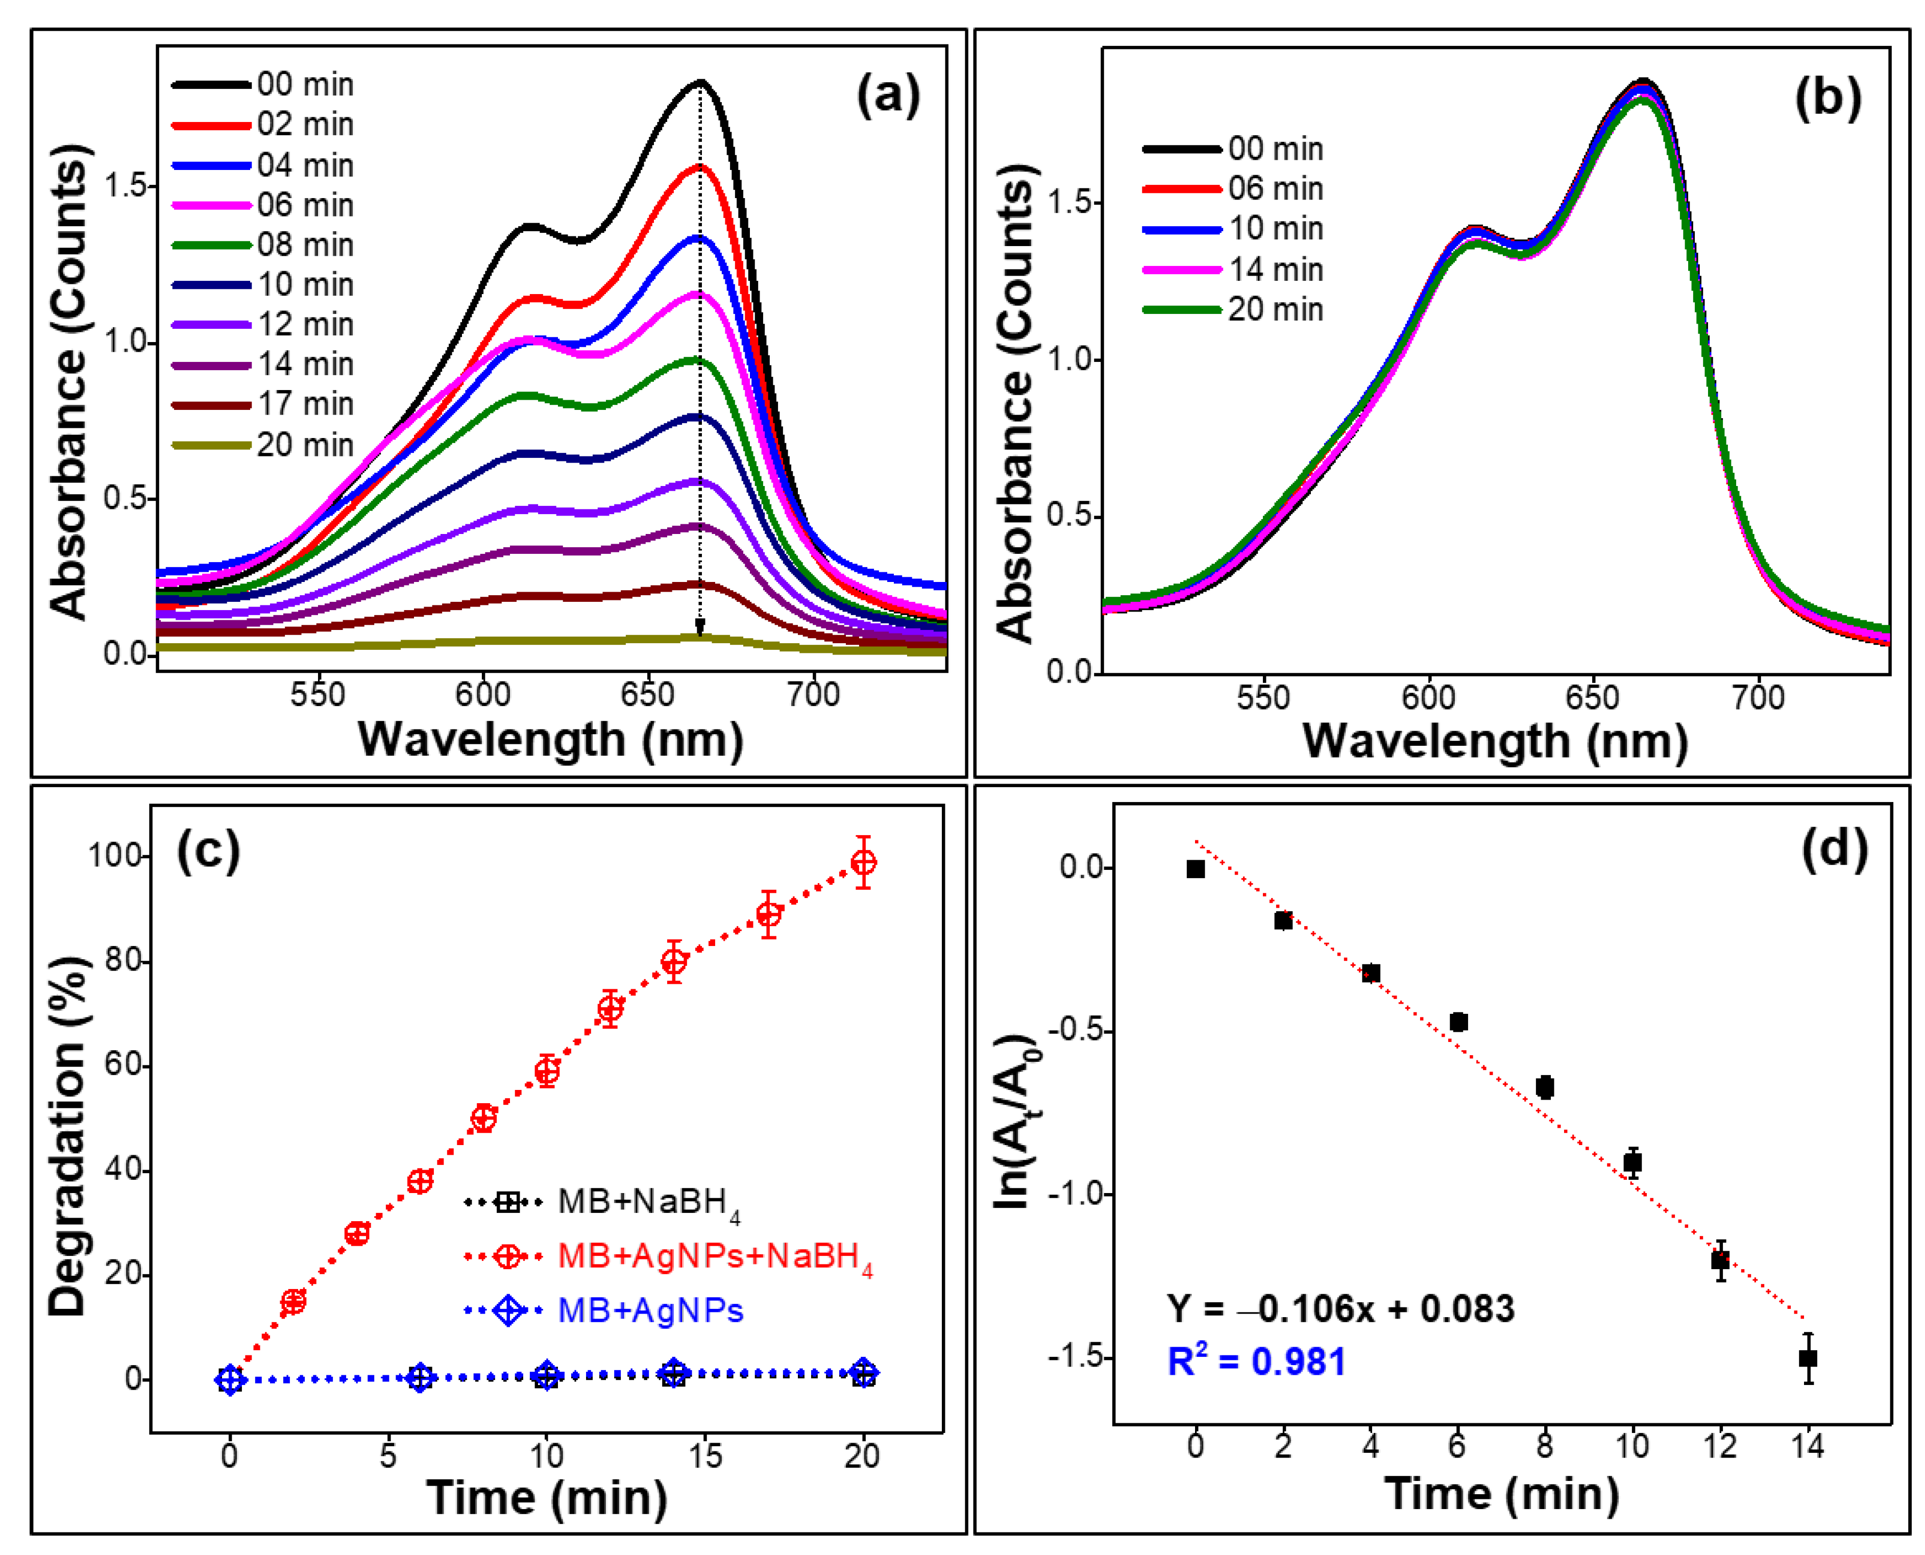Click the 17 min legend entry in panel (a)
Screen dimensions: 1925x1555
pos(262,404)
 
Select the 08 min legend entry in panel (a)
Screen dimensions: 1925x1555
pos(262,245)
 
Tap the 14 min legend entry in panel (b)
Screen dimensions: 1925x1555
pos(1233,269)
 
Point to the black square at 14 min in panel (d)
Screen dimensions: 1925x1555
pos(1808,1358)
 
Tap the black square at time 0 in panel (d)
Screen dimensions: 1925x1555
pos(1196,869)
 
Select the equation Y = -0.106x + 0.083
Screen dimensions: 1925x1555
pos(1340,1308)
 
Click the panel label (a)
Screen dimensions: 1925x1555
pos(888,95)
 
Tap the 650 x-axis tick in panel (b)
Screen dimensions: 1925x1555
pos(1593,698)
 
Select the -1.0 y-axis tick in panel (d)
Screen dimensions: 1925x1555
pos(1081,1194)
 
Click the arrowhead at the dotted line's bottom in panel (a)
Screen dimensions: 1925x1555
pos(699,626)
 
